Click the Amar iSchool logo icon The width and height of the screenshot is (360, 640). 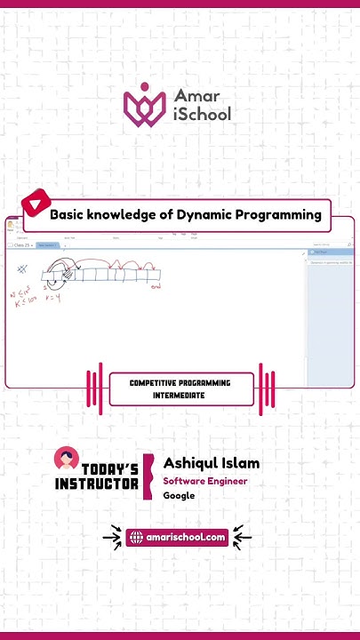click(x=144, y=103)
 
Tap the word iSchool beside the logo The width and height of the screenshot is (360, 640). click(x=204, y=113)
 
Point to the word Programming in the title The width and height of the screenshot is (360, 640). click(x=277, y=214)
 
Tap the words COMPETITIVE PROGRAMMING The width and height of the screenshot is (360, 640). click(x=180, y=383)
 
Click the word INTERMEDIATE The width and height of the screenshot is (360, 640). click(x=180, y=395)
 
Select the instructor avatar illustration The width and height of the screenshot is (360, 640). click(x=65, y=460)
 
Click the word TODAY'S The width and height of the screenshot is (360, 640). click(x=109, y=469)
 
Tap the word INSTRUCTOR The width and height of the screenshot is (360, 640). click(x=97, y=484)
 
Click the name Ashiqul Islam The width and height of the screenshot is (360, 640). click(x=212, y=463)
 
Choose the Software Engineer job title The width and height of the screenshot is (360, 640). click(x=205, y=481)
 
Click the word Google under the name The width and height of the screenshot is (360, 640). click(x=179, y=496)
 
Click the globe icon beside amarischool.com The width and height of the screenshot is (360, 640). click(x=136, y=537)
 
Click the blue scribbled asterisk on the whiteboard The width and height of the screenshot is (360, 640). click(x=21, y=268)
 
